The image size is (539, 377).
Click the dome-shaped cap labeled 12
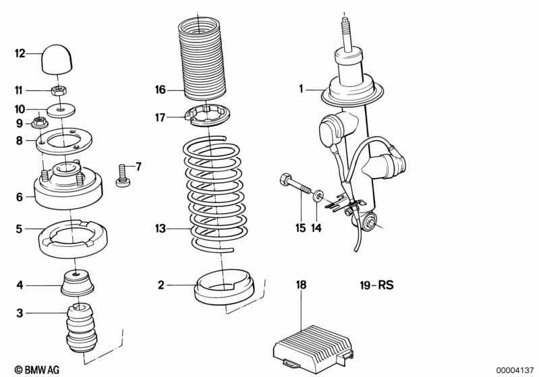57,59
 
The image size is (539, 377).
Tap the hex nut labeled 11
59,91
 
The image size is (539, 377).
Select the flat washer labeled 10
61,109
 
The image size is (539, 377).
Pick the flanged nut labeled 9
40,122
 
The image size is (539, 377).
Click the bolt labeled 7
123,175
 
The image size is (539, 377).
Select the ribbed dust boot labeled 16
202,59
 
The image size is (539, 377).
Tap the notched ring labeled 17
207,115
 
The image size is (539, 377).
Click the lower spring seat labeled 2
224,287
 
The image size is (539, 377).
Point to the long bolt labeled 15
295,184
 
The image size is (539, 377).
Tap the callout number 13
160,229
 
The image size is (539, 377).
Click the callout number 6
20,197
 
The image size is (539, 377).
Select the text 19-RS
376,285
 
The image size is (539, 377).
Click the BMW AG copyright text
37,370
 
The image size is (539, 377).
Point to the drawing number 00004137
515,370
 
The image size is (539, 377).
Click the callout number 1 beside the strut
301,89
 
